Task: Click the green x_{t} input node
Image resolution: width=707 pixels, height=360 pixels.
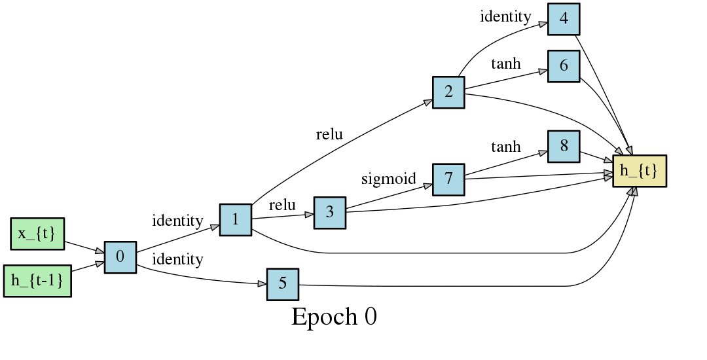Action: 37,234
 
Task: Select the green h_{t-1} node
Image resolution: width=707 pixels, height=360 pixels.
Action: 37,280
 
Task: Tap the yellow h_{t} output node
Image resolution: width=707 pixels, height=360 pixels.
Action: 639,171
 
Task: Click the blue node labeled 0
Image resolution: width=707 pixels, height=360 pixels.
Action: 120,257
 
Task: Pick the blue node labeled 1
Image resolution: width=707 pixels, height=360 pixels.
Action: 235,219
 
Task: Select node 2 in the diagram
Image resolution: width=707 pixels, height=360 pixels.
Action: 448,92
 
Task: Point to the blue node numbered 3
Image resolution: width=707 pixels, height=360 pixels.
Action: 329,212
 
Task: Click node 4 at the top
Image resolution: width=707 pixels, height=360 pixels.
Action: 564,19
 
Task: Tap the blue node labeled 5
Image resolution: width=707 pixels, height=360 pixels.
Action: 282,284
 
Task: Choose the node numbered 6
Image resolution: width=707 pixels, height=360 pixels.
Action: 564,66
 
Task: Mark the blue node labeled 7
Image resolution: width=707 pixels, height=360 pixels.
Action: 448,179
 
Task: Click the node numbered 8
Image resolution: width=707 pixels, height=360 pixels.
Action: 564,147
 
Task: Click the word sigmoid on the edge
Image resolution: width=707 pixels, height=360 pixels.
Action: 389,179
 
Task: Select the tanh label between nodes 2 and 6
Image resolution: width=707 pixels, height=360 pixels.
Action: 505,63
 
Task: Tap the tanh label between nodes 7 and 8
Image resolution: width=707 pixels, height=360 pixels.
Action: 505,146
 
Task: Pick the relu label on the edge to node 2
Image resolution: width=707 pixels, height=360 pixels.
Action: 329,135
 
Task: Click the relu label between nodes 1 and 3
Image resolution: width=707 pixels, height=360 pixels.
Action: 282,205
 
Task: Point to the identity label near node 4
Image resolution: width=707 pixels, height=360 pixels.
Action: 505,16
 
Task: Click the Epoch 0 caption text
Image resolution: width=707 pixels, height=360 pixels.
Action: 334,317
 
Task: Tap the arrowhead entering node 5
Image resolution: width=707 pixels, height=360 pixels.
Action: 262,283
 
